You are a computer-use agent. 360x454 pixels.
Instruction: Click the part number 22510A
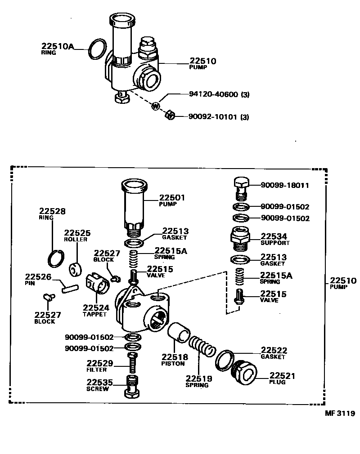57,46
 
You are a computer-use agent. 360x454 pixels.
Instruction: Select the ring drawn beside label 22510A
97,49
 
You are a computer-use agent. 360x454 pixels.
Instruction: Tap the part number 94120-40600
214,95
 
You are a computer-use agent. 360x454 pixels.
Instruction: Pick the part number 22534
274,236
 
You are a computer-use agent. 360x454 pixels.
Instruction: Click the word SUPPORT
275,243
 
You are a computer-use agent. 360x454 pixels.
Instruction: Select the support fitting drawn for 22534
240,238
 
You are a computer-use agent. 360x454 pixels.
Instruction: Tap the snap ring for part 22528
57,257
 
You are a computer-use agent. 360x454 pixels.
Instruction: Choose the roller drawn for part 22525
75,269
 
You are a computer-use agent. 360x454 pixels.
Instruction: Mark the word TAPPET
94,314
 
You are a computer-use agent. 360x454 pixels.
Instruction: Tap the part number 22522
274,350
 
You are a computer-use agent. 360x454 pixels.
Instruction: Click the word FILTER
97,370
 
